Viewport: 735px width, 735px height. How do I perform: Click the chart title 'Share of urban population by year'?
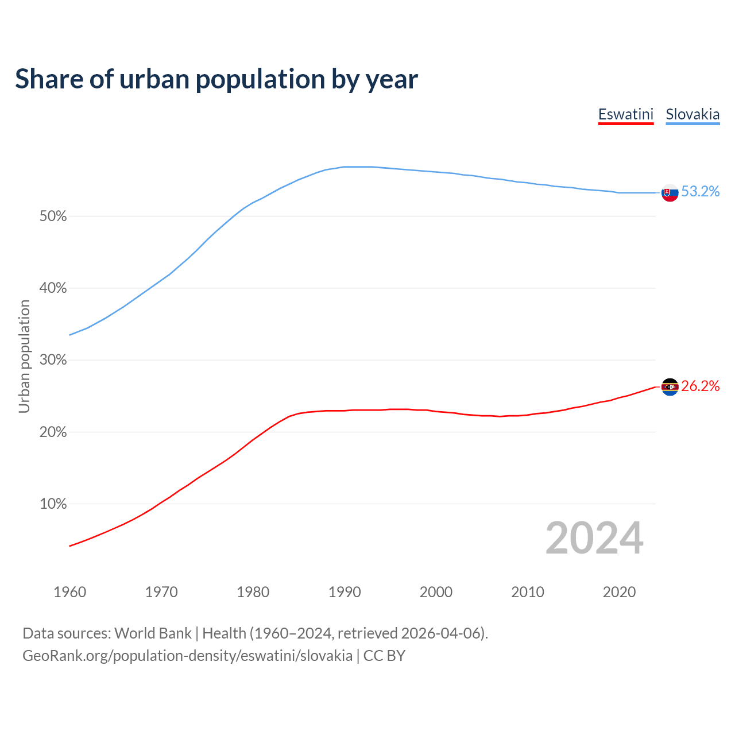tap(216, 79)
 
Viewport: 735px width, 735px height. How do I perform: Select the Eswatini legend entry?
tap(625, 114)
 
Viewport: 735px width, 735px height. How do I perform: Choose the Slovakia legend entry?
tap(693, 114)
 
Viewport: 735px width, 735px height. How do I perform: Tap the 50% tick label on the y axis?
tap(53, 216)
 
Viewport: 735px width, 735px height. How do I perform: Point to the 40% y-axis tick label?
tap(53, 288)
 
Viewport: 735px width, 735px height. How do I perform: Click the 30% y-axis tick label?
tap(53, 360)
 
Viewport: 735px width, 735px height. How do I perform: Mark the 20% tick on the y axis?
tap(53, 432)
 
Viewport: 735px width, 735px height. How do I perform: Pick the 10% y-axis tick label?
tap(53, 504)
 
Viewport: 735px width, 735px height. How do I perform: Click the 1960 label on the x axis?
tap(70, 592)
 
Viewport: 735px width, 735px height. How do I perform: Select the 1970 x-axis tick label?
tap(161, 592)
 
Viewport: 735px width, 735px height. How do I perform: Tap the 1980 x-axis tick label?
tap(253, 592)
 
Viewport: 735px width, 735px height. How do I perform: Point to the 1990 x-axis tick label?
tap(345, 592)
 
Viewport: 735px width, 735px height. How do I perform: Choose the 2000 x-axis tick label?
tap(436, 592)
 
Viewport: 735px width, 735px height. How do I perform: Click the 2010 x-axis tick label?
tap(528, 592)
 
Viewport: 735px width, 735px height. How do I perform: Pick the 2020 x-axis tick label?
tap(619, 592)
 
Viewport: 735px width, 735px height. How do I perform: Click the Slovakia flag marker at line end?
tap(670, 193)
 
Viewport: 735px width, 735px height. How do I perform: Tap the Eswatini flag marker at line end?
tap(670, 387)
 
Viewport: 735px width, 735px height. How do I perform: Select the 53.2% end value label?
tap(701, 192)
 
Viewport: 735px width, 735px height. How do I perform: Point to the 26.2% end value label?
tap(701, 386)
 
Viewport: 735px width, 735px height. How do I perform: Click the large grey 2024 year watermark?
tap(594, 538)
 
